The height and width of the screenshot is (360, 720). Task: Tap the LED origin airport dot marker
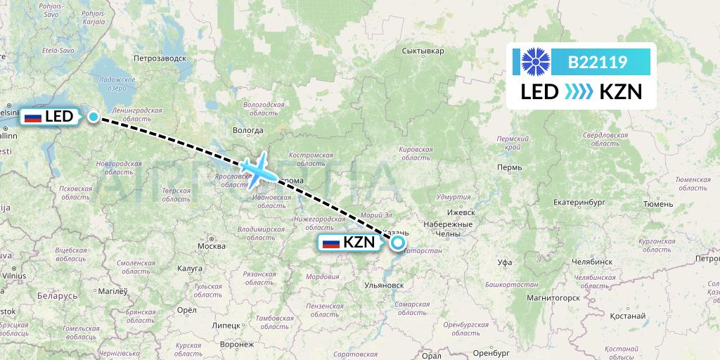point(94,117)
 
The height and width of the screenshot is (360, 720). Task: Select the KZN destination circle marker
point(398,243)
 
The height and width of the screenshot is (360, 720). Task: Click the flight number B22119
point(597,62)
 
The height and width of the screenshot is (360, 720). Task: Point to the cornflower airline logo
point(534,62)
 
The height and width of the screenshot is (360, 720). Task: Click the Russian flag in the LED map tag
point(33,117)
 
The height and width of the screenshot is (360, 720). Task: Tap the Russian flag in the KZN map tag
point(330,243)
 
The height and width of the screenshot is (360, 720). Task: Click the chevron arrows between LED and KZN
point(579,92)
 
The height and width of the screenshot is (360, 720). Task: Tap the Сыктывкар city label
point(423,51)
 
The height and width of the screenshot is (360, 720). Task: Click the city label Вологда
point(247,130)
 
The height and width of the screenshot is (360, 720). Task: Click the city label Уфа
point(503,262)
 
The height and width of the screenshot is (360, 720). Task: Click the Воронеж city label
point(236,345)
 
